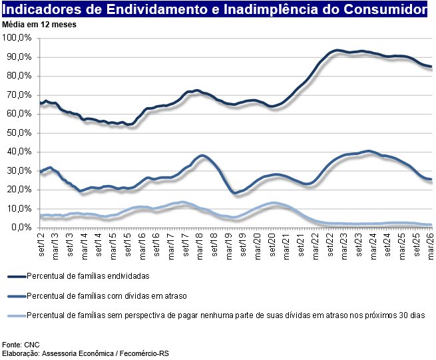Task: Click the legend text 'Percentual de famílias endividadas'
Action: pos(88,275)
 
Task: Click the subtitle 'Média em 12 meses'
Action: pos(40,25)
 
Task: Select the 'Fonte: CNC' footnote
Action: pos(21,345)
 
